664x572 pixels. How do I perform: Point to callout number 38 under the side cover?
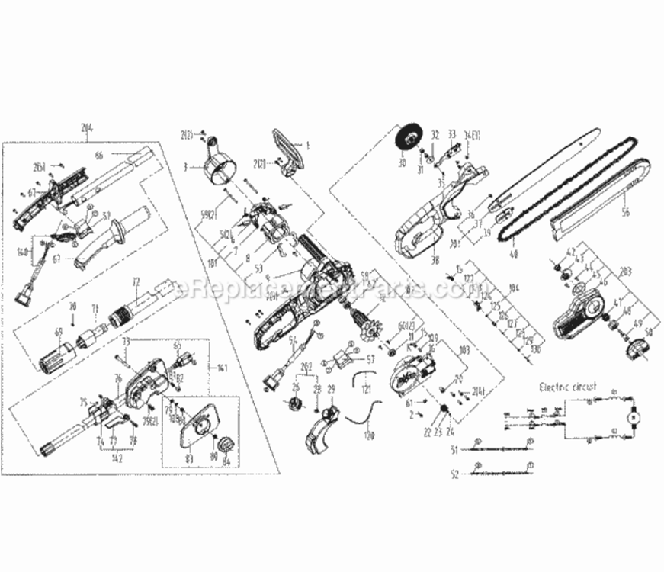435,259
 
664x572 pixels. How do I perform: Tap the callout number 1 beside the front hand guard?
308,144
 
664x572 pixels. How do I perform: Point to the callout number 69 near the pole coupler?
56,333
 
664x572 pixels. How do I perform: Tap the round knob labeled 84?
226,445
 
